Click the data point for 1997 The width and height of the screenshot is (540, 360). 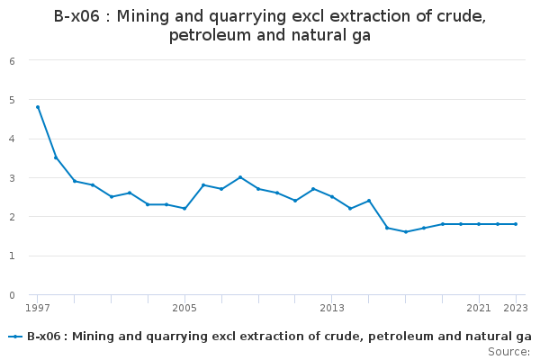coord(38,107)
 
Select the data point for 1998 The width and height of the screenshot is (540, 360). coord(56,157)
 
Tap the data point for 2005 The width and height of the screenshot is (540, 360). coord(184,209)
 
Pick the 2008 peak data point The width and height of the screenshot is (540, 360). coord(240,177)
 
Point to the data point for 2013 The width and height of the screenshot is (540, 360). coord(332,197)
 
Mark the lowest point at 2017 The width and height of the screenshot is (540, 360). coord(406,232)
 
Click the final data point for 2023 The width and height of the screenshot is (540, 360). coord(516,224)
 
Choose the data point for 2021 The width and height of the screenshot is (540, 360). coord(479,224)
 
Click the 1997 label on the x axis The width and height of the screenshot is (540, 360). coord(38,308)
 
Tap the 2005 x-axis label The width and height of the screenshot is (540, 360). coord(184,308)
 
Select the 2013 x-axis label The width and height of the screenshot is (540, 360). coord(332,308)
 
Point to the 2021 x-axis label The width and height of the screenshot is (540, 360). coord(479,308)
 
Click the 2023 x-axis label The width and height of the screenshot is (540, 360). coord(516,308)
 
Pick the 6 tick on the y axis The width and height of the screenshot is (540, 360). coord(12,61)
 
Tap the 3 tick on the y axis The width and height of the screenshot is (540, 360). coord(12,178)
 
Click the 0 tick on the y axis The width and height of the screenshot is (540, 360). coord(12,295)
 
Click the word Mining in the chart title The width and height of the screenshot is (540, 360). coord(144,16)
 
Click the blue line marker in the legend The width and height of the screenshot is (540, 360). coord(15,337)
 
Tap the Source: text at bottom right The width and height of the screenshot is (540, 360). coord(508,351)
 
